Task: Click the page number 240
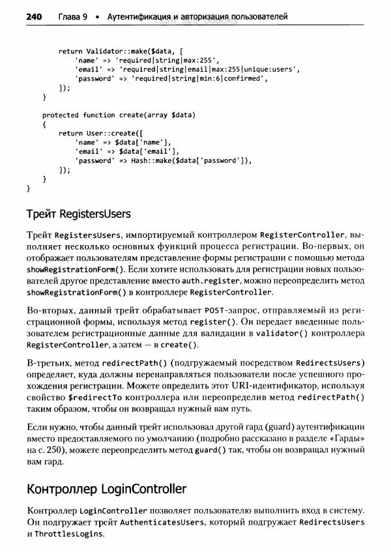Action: [x=34, y=16]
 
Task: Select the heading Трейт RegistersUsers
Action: [x=78, y=214]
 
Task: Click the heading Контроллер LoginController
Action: [x=106, y=489]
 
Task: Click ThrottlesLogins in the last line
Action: [x=69, y=534]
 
